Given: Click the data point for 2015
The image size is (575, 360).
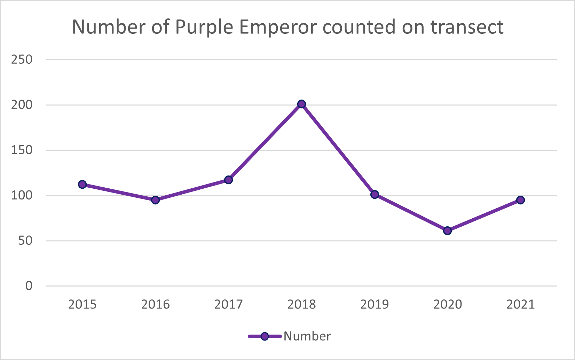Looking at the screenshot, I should [82, 184].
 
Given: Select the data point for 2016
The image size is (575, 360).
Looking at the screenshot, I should [155, 200].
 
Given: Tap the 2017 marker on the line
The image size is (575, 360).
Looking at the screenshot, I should [228, 180].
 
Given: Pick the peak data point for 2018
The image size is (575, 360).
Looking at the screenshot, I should [301, 104].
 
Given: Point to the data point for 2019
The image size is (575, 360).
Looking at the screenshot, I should [375, 194].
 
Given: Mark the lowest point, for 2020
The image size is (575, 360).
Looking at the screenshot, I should [447, 230].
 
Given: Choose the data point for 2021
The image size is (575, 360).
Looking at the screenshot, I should [520, 200].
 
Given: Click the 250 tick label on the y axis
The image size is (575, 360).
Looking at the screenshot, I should [22, 60].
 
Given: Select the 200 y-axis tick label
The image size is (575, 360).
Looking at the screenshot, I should [22, 105].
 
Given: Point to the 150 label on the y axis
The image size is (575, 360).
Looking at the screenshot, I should [22, 150].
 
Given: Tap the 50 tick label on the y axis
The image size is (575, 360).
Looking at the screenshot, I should [25, 241].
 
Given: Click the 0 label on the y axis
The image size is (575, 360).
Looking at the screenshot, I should [29, 286].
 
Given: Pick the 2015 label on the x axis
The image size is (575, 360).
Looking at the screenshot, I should [82, 305].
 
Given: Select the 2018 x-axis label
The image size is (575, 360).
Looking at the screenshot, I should [301, 305].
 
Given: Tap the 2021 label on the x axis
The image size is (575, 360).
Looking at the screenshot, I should [520, 305].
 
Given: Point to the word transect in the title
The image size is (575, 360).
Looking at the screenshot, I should [467, 27].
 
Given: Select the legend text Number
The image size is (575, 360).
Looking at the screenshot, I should [307, 336].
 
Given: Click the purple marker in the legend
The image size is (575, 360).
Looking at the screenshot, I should [265, 336].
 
